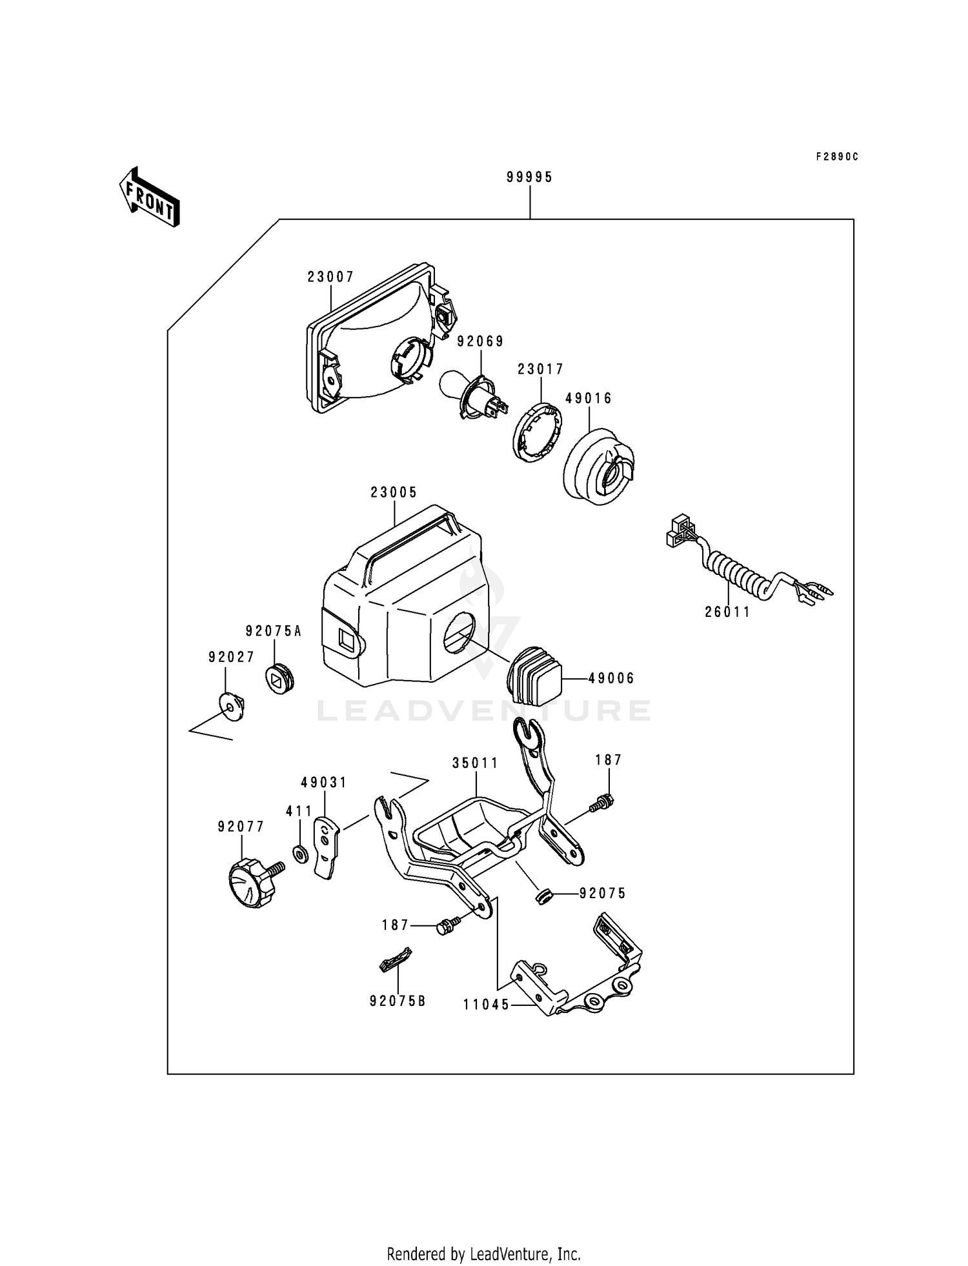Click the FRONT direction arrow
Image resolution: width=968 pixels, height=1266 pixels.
click(x=148, y=197)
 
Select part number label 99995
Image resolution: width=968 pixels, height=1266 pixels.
click(x=529, y=177)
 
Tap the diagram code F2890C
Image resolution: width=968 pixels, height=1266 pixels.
click(x=837, y=157)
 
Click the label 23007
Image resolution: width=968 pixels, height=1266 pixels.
click(x=330, y=277)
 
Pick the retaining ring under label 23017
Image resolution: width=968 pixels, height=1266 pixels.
click(x=538, y=432)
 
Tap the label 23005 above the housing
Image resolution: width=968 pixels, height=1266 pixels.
click(x=394, y=492)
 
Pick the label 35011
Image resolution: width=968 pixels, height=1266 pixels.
click(x=475, y=763)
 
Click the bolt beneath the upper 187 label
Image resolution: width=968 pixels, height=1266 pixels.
click(x=601, y=803)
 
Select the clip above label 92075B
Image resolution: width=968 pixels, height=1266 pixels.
click(x=394, y=962)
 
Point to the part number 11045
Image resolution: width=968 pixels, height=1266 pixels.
click(x=486, y=1005)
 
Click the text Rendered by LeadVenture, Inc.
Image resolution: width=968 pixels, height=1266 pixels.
click(x=483, y=1254)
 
